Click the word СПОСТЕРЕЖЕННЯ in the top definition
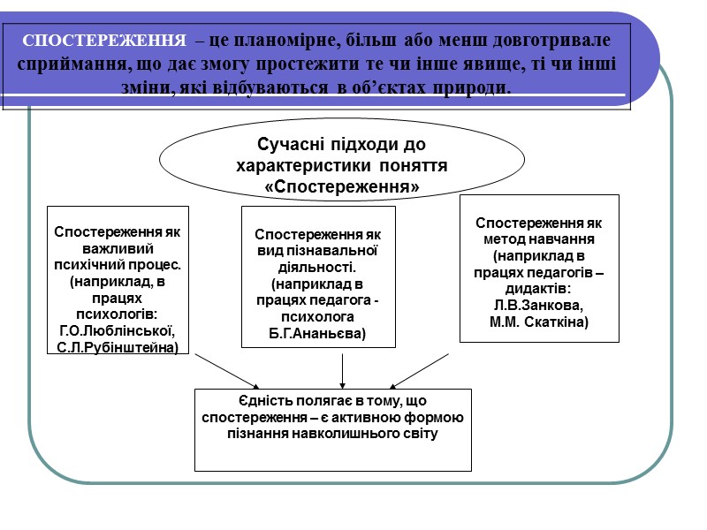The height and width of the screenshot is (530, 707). coord(103,42)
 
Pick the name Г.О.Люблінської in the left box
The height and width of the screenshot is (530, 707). coord(117,331)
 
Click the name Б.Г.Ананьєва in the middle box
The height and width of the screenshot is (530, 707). coord(318,332)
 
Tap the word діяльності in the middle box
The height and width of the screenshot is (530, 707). coord(318,268)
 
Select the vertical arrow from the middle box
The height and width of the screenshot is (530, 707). coord(343,370)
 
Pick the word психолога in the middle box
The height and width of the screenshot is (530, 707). coord(317,316)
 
